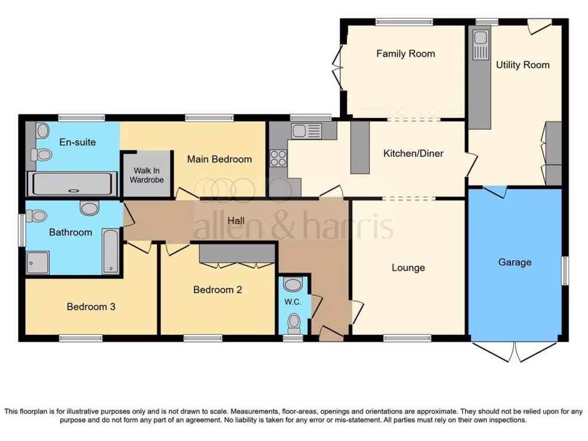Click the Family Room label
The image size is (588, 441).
[x=405, y=53]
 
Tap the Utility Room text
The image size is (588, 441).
[x=523, y=65]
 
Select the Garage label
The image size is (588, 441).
[x=514, y=262]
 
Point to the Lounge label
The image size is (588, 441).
[x=408, y=268]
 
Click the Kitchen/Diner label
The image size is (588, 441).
[x=413, y=153]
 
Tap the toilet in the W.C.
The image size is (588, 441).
[x=293, y=323]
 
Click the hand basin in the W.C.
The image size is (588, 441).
[x=293, y=284]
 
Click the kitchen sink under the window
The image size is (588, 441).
[x=306, y=131]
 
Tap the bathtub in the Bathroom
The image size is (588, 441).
[x=111, y=251]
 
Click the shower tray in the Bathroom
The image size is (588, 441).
[x=38, y=262]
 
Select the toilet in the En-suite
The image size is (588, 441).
[x=42, y=154]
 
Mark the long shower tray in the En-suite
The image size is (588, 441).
[x=72, y=184]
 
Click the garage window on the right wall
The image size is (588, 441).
[x=564, y=270]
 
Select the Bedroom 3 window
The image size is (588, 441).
[x=80, y=338]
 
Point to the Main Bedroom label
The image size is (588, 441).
[x=219, y=159]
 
